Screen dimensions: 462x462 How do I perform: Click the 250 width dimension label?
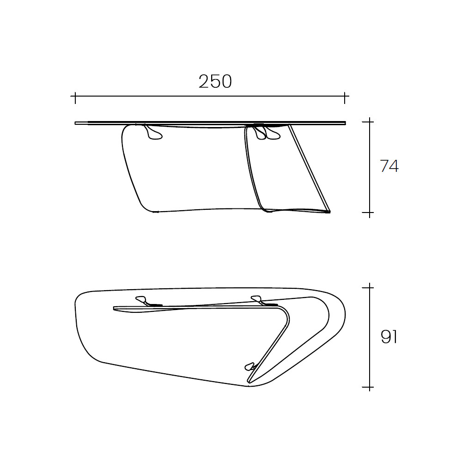pos(215,81)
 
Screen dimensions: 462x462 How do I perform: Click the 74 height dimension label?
pos(389,166)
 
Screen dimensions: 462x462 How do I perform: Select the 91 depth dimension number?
pos(389,337)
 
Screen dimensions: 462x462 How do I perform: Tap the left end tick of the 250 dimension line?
pos(75,96)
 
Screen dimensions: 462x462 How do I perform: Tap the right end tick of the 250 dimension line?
pos(345,96)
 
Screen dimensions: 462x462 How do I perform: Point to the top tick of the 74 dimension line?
pos(370,122)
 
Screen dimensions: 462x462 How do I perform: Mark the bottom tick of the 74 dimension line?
pos(370,212)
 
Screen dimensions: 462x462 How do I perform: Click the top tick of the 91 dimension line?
pos(370,287)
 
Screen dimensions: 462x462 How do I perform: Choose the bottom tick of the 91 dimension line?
pos(370,387)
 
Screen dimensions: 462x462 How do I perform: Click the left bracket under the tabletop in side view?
pos(152,133)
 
